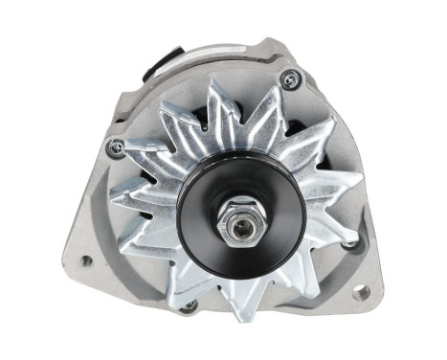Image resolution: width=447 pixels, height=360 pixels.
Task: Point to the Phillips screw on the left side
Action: (x=117, y=146)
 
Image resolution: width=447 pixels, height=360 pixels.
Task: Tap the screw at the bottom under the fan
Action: (x=190, y=306)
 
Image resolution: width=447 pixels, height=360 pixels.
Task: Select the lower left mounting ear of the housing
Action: (x=81, y=249)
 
